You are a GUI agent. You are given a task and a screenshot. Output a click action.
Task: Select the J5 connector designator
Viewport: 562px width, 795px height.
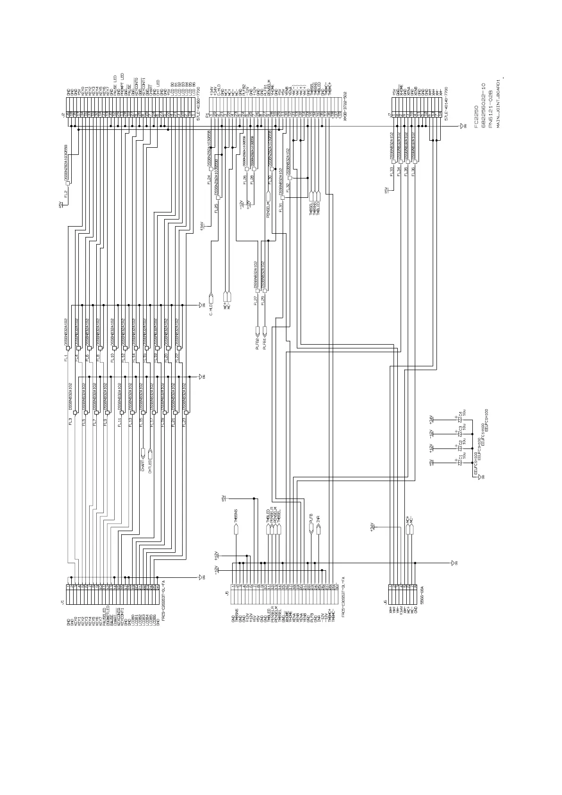[227, 592]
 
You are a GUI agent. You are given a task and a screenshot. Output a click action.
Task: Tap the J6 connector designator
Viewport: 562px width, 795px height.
[386, 602]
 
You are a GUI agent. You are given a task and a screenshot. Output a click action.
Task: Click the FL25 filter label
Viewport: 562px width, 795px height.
[216, 209]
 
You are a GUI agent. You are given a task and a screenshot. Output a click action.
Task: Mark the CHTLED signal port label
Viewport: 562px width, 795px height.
[150, 466]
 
